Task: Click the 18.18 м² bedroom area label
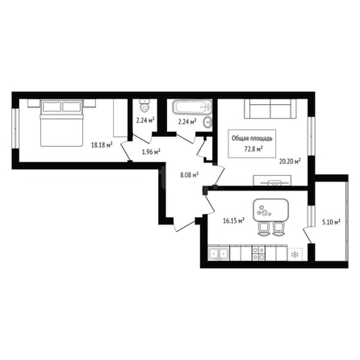(x=102, y=145)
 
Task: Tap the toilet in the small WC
(x=144, y=106)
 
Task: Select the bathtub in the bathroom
(x=192, y=107)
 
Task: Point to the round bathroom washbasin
(x=208, y=123)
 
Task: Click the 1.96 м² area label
(x=151, y=152)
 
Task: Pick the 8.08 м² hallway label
(x=189, y=175)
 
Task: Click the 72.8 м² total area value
(x=253, y=149)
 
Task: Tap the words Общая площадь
(x=252, y=138)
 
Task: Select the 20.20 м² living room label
(x=290, y=161)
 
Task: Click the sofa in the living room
(x=270, y=109)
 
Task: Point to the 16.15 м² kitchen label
(x=233, y=220)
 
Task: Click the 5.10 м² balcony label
(x=331, y=222)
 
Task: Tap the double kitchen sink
(x=219, y=253)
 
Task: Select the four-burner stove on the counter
(x=258, y=253)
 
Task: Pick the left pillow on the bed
(x=52, y=107)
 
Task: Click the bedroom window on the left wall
(x=15, y=128)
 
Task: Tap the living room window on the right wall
(x=312, y=136)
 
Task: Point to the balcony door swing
(x=308, y=235)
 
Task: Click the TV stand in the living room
(x=272, y=180)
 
